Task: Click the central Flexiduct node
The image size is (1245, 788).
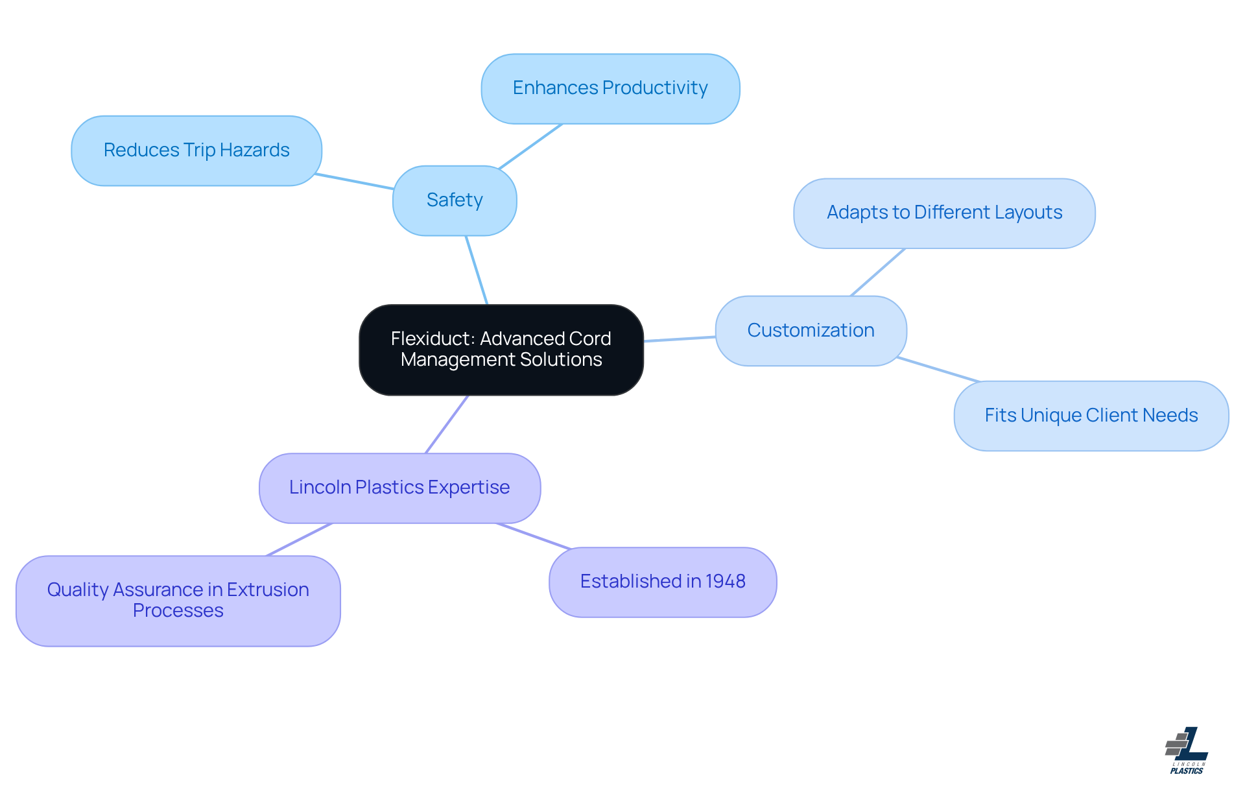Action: pos(501,350)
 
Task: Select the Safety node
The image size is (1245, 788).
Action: pos(454,200)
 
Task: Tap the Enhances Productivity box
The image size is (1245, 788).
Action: pos(610,88)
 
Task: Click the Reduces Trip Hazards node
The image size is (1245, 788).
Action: pos(196,150)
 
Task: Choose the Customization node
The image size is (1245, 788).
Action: pos(810,331)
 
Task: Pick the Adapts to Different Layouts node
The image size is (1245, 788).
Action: pos(943,213)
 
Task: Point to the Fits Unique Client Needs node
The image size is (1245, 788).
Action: pos(1091,416)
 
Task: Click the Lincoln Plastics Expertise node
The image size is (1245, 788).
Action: pos(399,488)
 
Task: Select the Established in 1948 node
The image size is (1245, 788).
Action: pos(662,582)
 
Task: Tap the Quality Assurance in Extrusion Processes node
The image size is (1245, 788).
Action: pos(178,601)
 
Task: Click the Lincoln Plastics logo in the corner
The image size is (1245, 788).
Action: pos(1187,750)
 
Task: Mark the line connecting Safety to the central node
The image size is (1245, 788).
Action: pos(477,270)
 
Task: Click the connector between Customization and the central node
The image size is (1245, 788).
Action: pos(680,339)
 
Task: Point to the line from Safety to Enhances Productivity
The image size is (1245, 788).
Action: pos(530,146)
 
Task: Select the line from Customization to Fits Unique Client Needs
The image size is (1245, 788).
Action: pos(938,369)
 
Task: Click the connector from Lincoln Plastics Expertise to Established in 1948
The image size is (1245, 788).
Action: pos(533,536)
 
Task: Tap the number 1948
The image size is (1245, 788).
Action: pos(725,582)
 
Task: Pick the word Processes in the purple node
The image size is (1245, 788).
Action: pos(178,611)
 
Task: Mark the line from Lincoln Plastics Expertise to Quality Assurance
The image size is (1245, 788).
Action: pos(299,540)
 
